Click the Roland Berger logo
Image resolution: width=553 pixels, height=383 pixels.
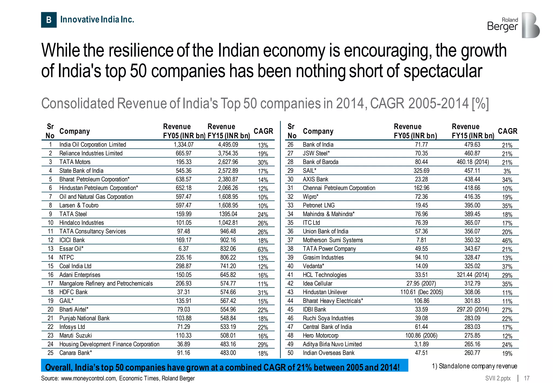513,25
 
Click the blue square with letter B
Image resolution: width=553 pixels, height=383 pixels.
49,20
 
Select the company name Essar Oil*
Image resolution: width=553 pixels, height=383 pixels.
71,249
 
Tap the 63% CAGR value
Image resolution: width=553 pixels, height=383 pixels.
263,249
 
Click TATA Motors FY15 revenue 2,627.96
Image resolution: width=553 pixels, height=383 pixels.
228,162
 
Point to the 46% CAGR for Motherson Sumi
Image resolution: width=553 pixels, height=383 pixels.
507,241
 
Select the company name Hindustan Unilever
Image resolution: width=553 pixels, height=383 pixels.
325,292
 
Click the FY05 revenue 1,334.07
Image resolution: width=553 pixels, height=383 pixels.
183,145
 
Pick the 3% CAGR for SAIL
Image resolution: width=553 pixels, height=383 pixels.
507,171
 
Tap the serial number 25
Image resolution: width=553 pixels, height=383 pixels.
50,353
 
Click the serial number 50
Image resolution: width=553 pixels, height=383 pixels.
290,353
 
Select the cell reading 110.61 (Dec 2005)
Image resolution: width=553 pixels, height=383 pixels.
421,292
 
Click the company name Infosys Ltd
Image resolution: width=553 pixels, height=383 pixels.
72,327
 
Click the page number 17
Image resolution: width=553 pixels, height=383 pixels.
527,378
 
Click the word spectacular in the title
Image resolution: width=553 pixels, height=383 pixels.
443,71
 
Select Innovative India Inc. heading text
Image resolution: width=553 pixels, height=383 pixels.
97,19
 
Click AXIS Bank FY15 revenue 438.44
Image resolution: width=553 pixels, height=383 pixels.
472,179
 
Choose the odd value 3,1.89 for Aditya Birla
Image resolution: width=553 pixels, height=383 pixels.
421,344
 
